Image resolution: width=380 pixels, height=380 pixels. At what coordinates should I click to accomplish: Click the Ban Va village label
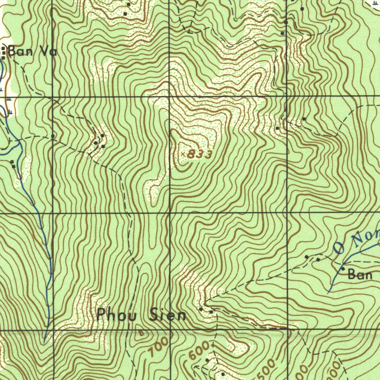32,51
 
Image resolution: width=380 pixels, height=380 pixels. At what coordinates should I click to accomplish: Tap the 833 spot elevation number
200,154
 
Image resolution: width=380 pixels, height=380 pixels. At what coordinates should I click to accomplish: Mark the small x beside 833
183,153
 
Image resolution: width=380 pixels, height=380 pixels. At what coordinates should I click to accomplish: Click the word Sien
168,315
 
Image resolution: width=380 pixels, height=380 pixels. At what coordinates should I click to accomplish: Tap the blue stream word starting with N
366,237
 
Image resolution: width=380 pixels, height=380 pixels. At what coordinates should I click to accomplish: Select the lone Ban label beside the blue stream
360,275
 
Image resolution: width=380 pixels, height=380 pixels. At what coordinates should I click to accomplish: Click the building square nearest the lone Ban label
343,268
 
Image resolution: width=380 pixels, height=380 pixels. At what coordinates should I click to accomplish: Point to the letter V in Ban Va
45,51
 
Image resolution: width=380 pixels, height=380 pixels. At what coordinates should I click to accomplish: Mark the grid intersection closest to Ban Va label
52,96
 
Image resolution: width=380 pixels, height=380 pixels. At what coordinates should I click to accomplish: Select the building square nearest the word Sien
201,309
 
